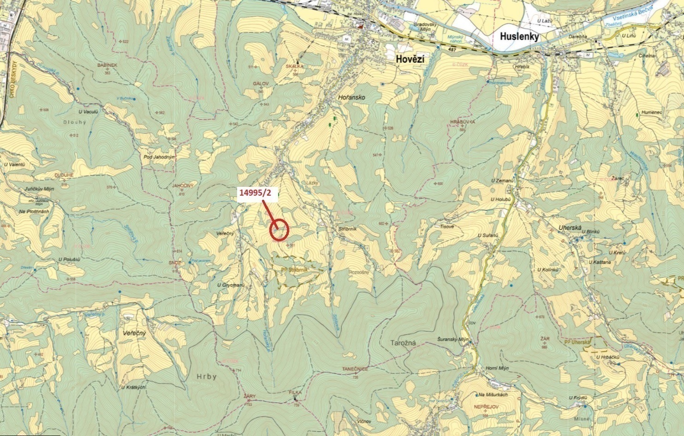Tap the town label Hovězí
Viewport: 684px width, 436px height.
[x=410, y=59]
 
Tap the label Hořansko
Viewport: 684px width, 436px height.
[x=351, y=98]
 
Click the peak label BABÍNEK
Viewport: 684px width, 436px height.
[x=107, y=66]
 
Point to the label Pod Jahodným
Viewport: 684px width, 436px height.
[x=159, y=157]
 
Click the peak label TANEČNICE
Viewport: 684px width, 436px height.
[x=355, y=369]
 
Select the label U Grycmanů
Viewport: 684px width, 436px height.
[x=231, y=285]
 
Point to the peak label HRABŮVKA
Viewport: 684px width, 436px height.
[x=462, y=121]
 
